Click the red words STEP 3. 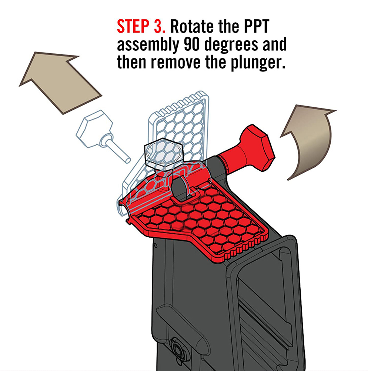point(141,27)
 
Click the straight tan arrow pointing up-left point(59,81)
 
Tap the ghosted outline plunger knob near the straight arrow point(94,128)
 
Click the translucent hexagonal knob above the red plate point(163,154)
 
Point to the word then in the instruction point(131,63)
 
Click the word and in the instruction point(274,44)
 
